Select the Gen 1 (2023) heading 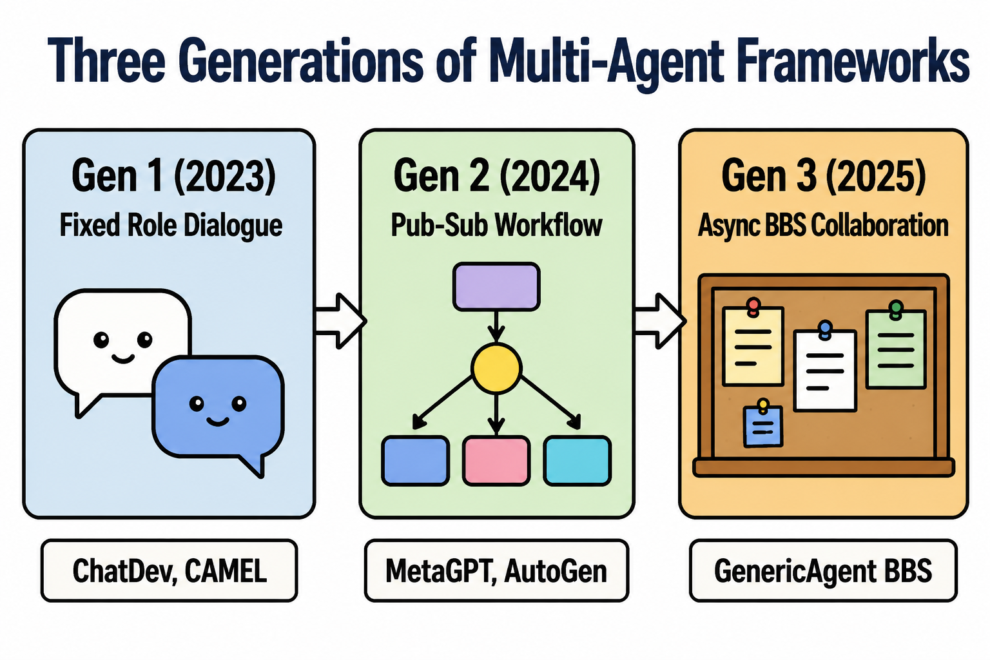click(173, 176)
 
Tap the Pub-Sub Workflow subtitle click(496, 225)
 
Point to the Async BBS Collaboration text click(823, 225)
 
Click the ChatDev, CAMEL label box click(170, 570)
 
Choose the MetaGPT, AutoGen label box click(496, 570)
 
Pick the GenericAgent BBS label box click(823, 570)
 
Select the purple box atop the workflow click(496, 286)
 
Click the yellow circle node click(496, 368)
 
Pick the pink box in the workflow click(496, 461)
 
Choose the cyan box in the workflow click(577, 461)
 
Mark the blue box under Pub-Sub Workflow click(416, 461)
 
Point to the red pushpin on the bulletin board click(753, 307)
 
